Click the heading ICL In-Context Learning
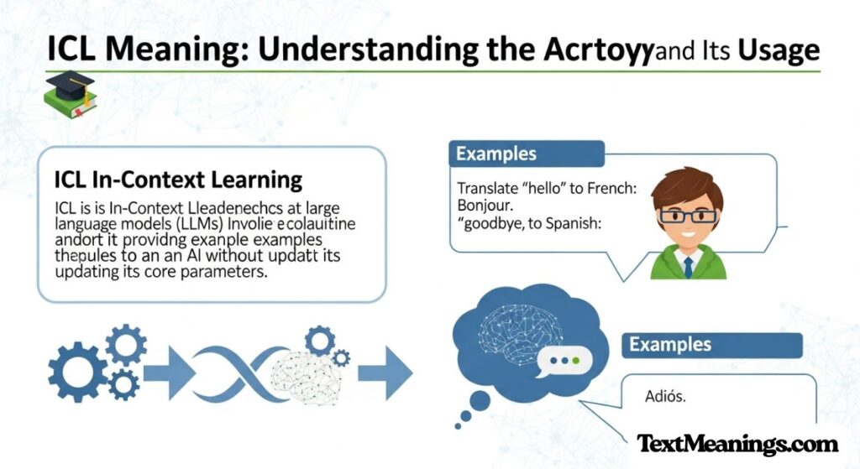coord(177,180)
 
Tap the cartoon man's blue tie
coord(687,267)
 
